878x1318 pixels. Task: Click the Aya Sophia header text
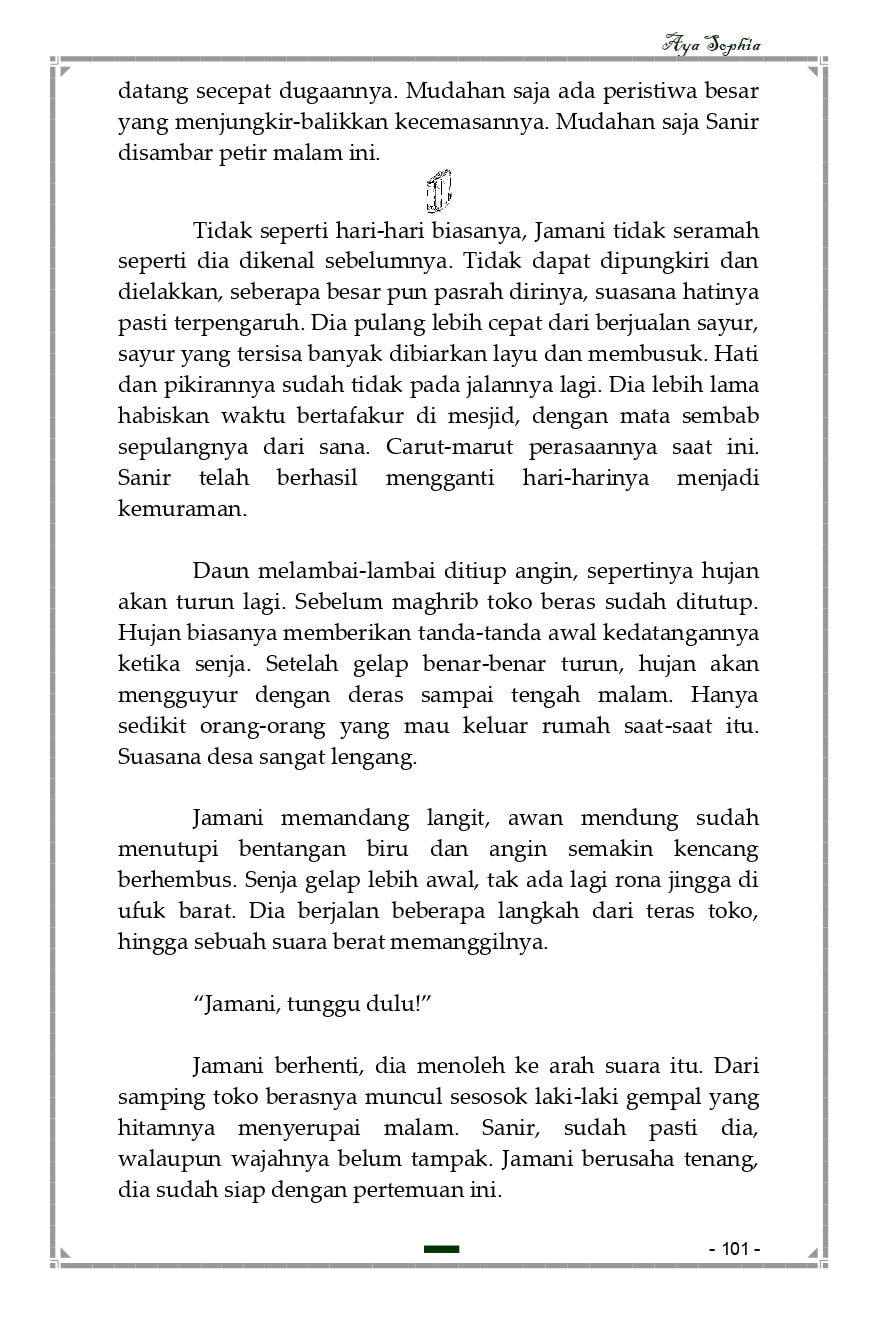pyautogui.click(x=711, y=45)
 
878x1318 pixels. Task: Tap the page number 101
pyautogui.click(x=735, y=1249)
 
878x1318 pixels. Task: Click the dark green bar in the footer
pyautogui.click(x=441, y=1249)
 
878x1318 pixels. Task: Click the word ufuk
pyautogui.click(x=140, y=912)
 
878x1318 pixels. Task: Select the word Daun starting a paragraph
pyautogui.click(x=220, y=572)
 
